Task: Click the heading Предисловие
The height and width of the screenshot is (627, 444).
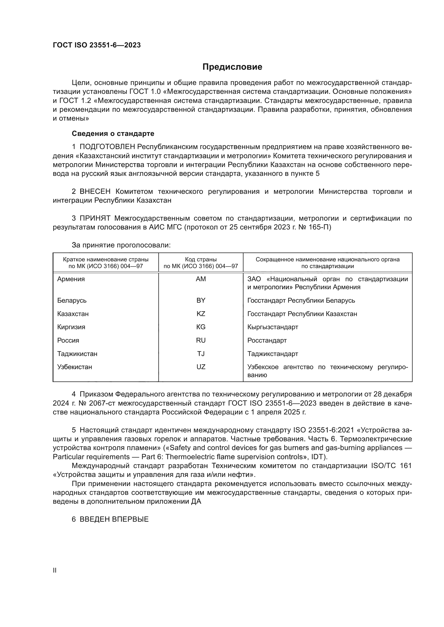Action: click(x=232, y=67)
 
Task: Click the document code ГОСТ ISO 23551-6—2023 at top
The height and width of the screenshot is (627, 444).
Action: click(x=97, y=45)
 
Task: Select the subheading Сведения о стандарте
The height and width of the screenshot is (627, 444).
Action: click(x=113, y=133)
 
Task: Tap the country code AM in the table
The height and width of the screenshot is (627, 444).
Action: click(x=201, y=279)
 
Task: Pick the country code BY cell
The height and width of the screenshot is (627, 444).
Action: click(x=201, y=300)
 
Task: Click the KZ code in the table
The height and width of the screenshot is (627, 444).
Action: click(x=201, y=314)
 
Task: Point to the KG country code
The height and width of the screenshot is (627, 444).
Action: click(x=201, y=327)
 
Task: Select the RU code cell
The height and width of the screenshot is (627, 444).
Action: click(x=201, y=340)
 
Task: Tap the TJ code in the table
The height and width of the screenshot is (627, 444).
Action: click(x=201, y=354)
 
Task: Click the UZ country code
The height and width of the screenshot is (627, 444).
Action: click(x=201, y=367)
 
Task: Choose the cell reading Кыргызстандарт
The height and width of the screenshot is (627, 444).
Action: click(x=272, y=327)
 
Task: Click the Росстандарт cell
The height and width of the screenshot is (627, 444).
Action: click(x=267, y=340)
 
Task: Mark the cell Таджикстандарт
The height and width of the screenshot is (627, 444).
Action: click(x=272, y=354)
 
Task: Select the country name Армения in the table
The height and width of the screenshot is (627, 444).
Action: click(x=71, y=279)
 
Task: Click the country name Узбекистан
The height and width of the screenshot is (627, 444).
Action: click(x=74, y=367)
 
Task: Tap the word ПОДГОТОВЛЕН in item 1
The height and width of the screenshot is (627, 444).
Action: click(x=107, y=147)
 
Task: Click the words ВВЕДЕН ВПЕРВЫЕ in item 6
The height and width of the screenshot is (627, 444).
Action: click(x=114, y=519)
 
